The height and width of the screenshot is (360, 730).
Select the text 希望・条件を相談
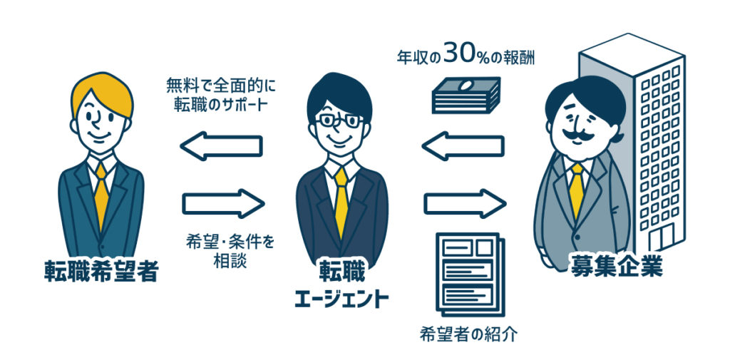tap(228, 252)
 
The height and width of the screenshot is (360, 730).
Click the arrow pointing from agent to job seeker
tap(221, 146)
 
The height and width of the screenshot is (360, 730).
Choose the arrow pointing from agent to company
tap(465, 203)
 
